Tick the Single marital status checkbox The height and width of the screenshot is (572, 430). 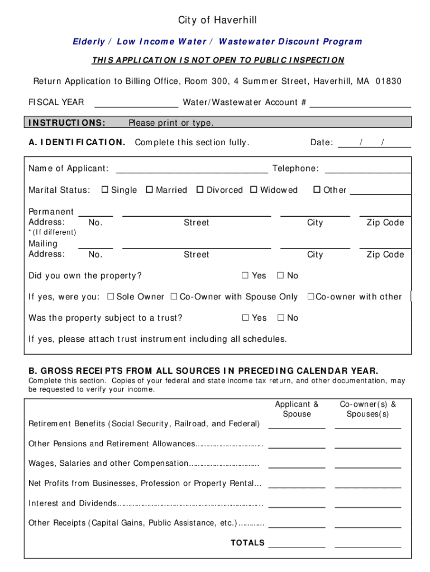[x=104, y=190]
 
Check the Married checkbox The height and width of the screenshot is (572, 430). [x=149, y=190]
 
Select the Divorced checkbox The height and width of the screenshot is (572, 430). [x=200, y=190]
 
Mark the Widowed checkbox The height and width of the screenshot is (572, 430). [x=254, y=190]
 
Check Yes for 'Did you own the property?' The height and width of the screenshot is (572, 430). [x=245, y=275]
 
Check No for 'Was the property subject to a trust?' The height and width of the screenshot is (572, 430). [x=280, y=318]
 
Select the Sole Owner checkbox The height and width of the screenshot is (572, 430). [x=110, y=297]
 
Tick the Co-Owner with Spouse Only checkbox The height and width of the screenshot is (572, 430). [x=174, y=297]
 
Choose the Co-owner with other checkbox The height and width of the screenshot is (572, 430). [x=311, y=297]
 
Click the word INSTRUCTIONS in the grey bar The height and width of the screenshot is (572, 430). [x=67, y=123]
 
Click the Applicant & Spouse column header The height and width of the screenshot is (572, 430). [x=297, y=409]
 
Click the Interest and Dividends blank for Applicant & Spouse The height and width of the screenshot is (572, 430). [x=297, y=504]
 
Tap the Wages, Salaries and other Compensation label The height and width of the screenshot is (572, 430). [x=108, y=464]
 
